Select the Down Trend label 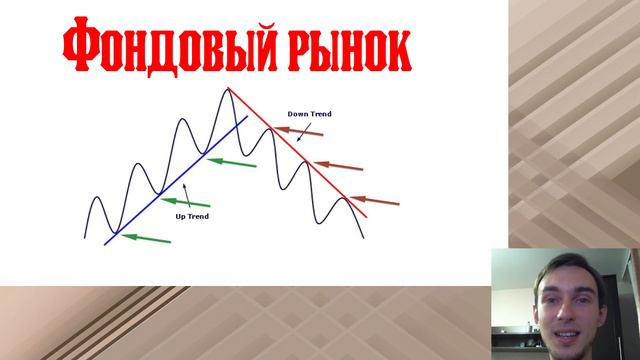coord(309,114)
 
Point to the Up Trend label coord(192,215)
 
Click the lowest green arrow coord(150,237)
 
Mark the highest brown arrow coord(286,131)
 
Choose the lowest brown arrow coord(378,202)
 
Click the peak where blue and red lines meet coord(229,89)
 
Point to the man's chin coord(565,338)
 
